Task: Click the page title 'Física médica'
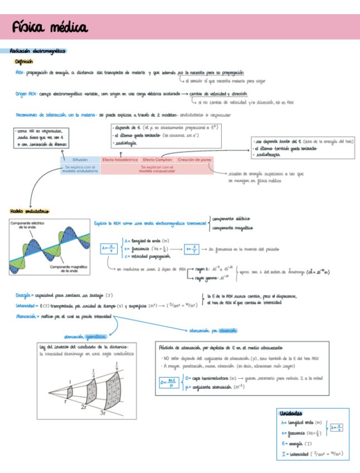50,27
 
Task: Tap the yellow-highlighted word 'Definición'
24,62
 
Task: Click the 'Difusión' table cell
80,160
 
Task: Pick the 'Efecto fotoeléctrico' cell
120,160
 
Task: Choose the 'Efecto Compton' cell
157,160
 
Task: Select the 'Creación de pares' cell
194,160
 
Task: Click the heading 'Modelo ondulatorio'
30,211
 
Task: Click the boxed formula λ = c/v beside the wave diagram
109,249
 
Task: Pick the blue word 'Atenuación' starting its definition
28,316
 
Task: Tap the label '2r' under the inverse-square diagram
84,408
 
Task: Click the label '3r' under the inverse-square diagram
104,413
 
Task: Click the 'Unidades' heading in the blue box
292,413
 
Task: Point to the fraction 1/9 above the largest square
116,366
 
